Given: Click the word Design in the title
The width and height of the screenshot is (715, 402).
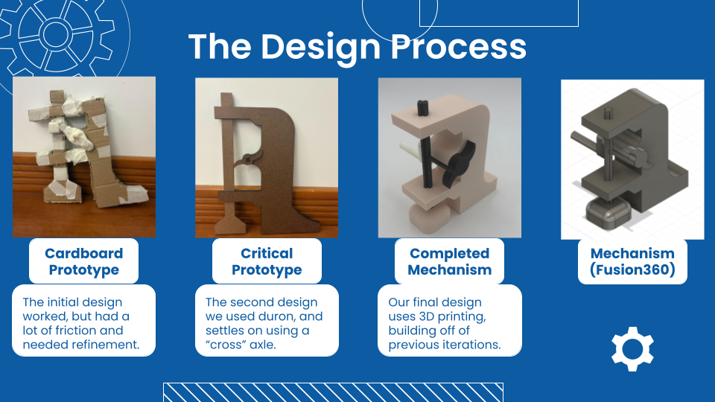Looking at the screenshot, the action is tap(320, 48).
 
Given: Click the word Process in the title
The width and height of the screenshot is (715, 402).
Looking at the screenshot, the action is tap(459, 46).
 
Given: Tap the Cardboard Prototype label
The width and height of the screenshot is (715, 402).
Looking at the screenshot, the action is tap(84, 261).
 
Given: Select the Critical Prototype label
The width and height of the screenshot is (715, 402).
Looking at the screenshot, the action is tap(267, 261).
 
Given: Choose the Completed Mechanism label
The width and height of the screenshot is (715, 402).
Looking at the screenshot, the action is tap(450, 261).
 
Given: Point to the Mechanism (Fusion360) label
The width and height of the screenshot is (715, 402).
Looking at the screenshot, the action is tap(632, 261).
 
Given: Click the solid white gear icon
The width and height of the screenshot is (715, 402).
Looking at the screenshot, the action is tap(632, 349).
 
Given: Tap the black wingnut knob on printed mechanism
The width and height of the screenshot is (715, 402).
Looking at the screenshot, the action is tap(460, 162).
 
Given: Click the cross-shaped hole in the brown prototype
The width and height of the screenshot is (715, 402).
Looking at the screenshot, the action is tap(247, 159).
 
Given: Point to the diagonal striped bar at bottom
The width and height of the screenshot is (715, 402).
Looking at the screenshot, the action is tap(334, 392).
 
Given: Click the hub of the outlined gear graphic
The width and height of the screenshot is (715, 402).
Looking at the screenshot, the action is tap(56, 33).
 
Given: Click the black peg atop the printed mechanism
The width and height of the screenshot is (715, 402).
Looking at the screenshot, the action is tap(422, 109).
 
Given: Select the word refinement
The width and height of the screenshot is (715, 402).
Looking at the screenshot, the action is tap(110, 345).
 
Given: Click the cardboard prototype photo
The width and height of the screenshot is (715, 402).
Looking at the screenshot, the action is tap(84, 157).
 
